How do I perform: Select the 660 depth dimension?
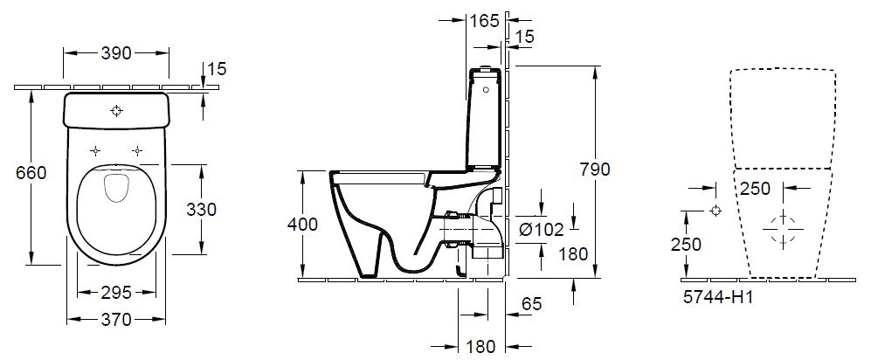click(31, 173)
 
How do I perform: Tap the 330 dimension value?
click(201, 209)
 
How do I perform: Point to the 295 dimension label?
click(116, 292)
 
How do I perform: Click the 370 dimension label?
click(116, 320)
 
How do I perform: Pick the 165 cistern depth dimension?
click(485, 21)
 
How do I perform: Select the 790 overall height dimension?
click(594, 170)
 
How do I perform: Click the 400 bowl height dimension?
click(302, 225)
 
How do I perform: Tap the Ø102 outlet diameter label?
click(541, 229)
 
